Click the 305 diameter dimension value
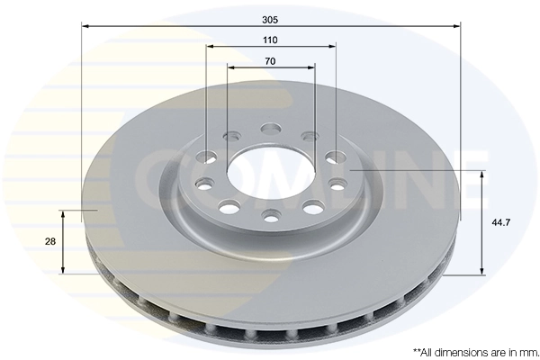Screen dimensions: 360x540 pos(270,17)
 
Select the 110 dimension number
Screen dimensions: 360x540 pos(270,40)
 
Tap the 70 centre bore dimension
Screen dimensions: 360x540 pos(270,62)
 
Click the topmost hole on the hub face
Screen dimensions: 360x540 pos(270,129)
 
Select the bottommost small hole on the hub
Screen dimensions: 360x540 pos(271,214)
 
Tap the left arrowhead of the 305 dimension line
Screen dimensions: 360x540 pos(85,27)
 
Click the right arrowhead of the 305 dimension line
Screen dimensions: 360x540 pos(456,27)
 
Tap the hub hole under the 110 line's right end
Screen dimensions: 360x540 pos(336,157)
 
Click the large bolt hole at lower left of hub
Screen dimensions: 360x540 pos(229,207)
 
